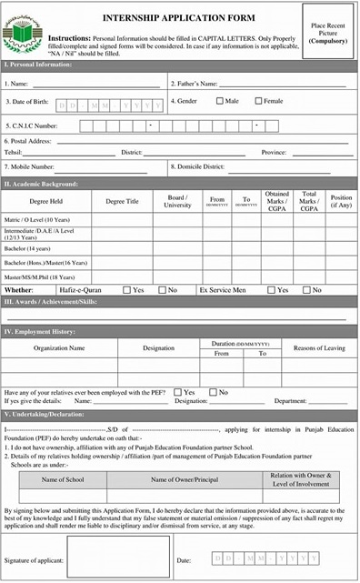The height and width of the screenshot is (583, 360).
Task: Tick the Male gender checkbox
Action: [220, 101]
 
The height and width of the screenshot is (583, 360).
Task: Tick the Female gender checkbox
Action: [259, 101]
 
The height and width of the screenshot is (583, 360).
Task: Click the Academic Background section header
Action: [43, 184]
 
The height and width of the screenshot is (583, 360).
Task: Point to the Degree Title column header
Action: [122, 201]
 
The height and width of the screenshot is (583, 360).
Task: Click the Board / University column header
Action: [177, 201]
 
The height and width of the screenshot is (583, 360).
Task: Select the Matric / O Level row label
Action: [37, 220]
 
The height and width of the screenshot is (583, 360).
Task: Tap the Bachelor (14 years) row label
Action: [28, 248]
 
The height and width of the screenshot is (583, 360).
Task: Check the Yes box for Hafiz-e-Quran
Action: [126, 290]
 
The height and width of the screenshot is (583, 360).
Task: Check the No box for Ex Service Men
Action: [306, 290]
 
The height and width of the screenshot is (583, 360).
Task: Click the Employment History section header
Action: [41, 333]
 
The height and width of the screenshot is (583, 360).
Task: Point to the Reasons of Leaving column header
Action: [319, 348]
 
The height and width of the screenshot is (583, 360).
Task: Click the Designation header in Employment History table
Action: [158, 348]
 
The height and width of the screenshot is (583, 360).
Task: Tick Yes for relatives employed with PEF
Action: [177, 392]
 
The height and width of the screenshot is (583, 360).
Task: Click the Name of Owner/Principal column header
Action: [185, 479]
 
